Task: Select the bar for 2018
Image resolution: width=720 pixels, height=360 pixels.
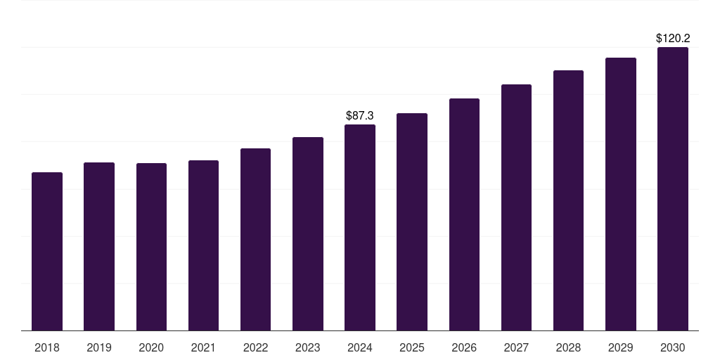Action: pos(47,251)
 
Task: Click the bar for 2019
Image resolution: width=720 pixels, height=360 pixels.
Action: pos(99,246)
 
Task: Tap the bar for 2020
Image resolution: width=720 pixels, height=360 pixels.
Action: pos(151,247)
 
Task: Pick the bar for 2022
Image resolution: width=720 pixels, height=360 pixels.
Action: pos(255,239)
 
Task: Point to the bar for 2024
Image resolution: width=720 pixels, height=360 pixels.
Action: pos(360,227)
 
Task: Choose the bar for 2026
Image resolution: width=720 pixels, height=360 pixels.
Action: pos(464,214)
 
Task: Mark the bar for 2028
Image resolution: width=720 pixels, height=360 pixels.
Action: pos(568,200)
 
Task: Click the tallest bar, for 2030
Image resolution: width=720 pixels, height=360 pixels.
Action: pos(673,188)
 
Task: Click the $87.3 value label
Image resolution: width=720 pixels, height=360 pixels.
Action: pos(360,115)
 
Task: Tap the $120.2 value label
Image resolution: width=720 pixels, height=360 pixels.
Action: pos(673,39)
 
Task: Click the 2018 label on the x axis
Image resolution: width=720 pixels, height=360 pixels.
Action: pos(47,347)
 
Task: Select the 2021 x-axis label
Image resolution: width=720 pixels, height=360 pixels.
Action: pos(203,347)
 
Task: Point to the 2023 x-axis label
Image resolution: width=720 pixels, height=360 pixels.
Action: pos(308,347)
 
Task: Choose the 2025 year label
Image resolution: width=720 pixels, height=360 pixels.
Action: pos(412,347)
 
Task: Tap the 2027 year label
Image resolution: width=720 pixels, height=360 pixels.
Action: pos(516,347)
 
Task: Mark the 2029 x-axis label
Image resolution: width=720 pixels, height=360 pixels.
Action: pos(621,347)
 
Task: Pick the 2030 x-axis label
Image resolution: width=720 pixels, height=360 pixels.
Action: pos(673,347)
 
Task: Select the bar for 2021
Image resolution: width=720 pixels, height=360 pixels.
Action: pos(203,245)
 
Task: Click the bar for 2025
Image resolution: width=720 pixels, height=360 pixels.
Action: pos(412,221)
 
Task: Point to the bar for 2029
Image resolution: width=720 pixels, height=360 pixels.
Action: pos(621,194)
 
